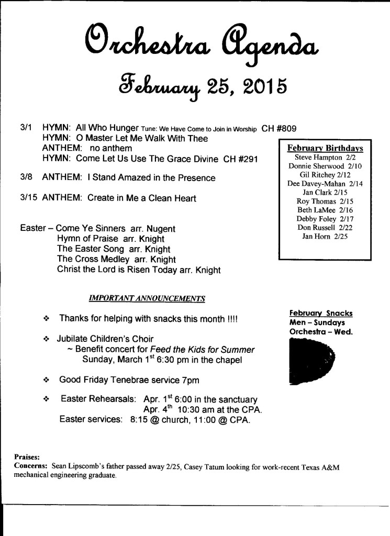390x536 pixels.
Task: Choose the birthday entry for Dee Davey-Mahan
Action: [x=325, y=183]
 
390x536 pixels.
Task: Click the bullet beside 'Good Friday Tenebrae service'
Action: [x=47, y=379]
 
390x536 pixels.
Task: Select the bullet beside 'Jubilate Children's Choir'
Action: [x=47, y=339]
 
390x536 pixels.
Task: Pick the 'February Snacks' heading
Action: [x=320, y=313]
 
